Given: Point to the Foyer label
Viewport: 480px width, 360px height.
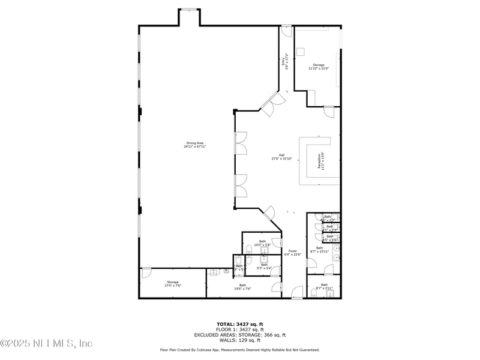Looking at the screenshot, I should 293,253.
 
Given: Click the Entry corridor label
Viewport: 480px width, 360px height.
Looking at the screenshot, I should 286,64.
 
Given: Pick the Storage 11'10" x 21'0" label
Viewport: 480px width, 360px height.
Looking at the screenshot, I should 318,67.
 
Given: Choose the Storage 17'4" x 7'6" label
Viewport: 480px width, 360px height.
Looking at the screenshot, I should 173,284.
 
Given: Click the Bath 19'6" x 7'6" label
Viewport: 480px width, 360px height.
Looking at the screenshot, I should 242,287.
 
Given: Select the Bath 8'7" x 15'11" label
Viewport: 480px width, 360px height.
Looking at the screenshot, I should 319,250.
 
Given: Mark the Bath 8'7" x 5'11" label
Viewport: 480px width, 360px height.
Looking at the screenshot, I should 324,286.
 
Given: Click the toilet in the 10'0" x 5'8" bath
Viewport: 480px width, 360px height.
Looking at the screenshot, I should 248,249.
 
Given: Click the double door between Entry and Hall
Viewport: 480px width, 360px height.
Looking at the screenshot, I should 271,104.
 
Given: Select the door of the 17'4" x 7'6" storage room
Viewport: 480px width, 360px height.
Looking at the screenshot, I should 146,274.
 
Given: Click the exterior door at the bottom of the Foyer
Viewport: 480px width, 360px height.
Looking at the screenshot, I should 297,294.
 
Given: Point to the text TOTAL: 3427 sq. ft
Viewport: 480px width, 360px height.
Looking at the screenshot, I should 240,324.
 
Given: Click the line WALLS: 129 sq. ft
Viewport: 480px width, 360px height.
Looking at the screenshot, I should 240,340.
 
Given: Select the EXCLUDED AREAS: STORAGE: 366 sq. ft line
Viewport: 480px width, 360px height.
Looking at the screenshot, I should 240,335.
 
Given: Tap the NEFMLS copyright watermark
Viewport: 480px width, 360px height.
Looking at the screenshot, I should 46,343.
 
